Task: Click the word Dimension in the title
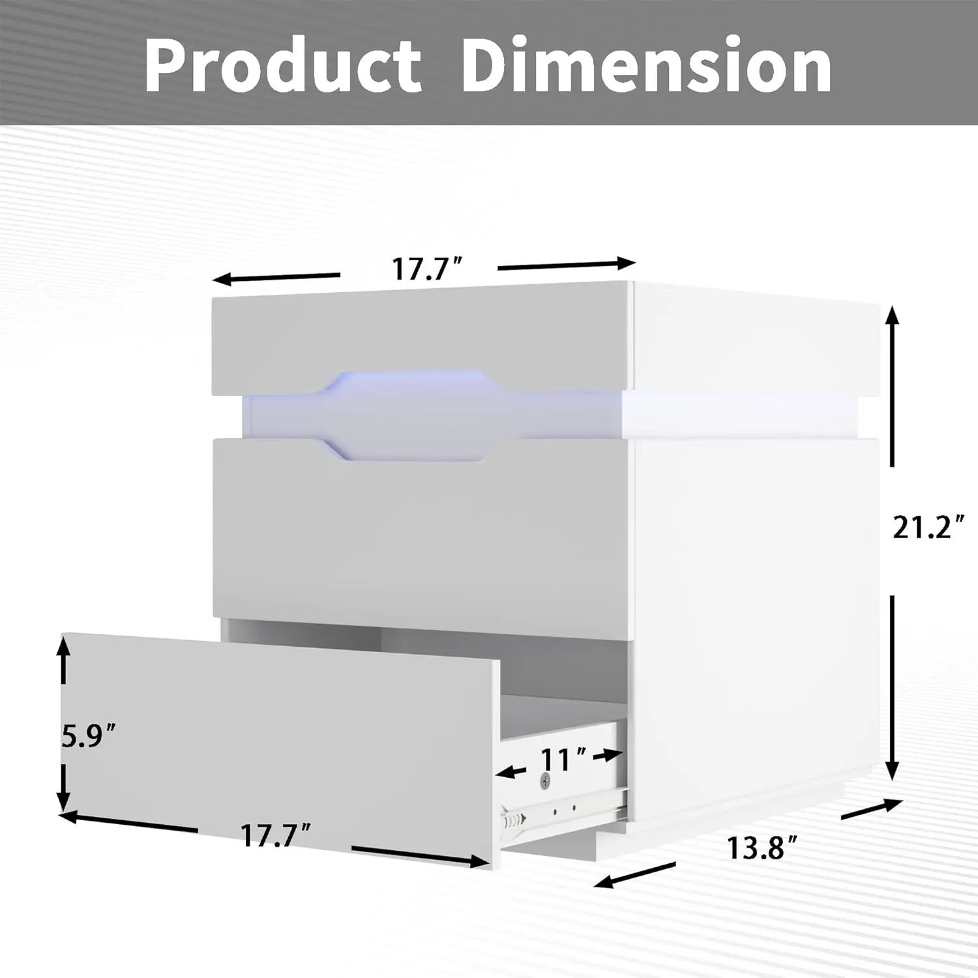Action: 646,66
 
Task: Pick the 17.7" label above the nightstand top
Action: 427,268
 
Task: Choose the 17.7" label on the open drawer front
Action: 275,835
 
